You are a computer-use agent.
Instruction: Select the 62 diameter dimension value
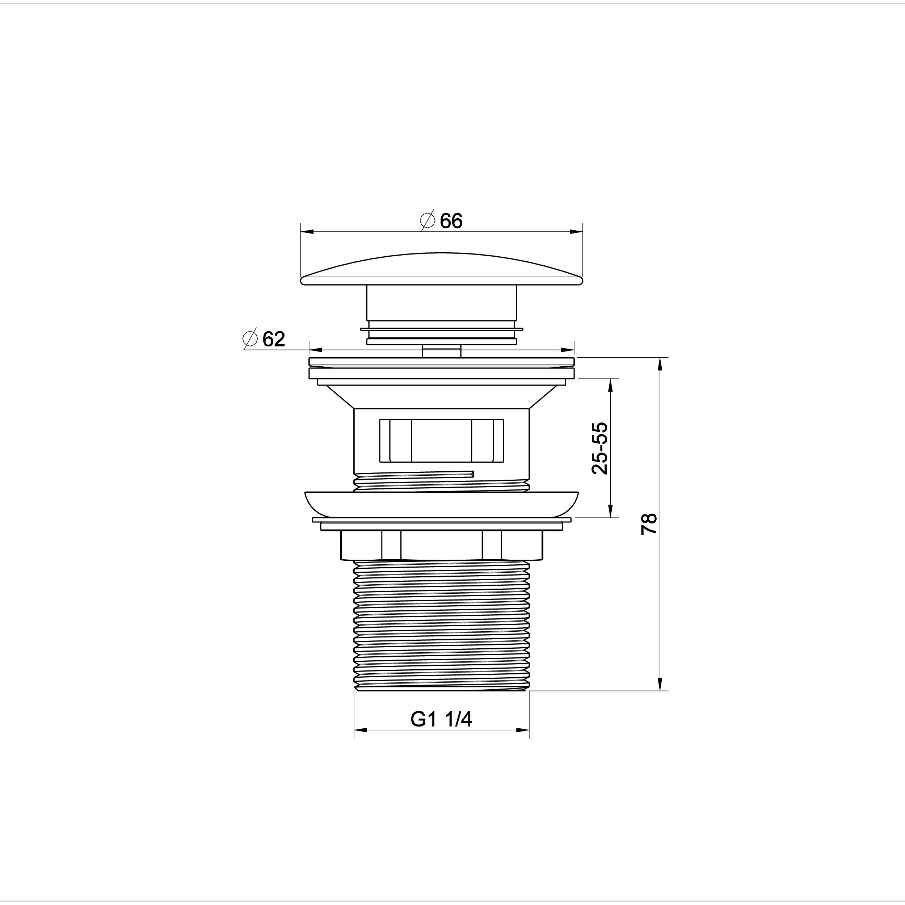pos(274,339)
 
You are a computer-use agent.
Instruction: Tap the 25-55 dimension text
pos(600,448)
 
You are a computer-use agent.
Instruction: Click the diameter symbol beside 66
pos(428,220)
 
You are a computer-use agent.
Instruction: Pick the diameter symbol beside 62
pos(251,339)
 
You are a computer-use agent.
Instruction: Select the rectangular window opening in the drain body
pos(441,440)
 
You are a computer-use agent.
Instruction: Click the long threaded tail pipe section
pos(441,625)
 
